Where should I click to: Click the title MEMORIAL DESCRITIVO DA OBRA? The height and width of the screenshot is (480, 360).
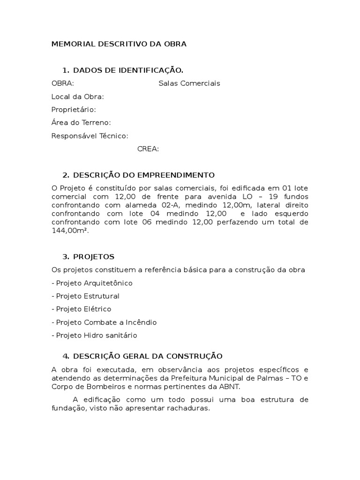(x=119, y=44)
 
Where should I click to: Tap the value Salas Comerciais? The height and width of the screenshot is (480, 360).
(x=189, y=83)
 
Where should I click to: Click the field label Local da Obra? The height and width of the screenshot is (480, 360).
(x=77, y=97)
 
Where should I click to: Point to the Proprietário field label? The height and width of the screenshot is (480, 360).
(x=73, y=110)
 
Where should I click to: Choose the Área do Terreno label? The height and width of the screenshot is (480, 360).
(x=81, y=123)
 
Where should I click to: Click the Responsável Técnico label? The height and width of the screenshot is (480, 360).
(x=90, y=136)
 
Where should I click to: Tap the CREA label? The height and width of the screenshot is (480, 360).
(x=148, y=149)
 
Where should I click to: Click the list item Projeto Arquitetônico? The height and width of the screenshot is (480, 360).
(x=92, y=283)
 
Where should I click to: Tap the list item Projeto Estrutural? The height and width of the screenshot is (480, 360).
(x=85, y=296)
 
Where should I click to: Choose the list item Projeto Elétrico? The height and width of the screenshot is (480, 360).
(x=81, y=309)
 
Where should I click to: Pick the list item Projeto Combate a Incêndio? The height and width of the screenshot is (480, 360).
(x=104, y=322)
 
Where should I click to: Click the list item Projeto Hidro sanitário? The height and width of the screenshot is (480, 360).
(x=94, y=336)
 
